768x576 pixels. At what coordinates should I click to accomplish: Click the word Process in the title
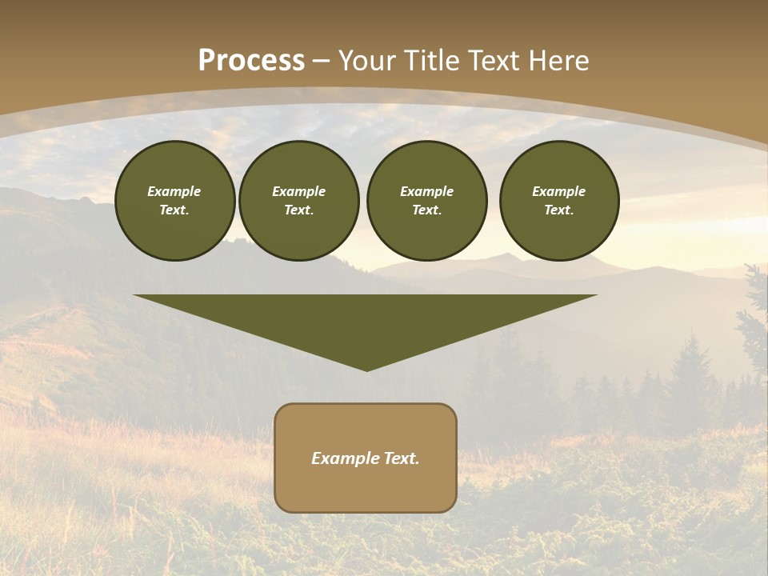251,61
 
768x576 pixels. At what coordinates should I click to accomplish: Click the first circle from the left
174,201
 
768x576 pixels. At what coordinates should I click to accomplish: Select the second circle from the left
298,201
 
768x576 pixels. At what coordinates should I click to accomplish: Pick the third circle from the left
426,201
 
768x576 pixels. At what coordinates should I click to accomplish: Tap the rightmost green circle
559,201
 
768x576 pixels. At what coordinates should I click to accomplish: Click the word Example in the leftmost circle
174,191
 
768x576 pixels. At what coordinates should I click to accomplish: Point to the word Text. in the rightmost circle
559,210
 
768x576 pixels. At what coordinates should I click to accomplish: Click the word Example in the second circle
298,191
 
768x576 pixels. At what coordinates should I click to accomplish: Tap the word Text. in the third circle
426,210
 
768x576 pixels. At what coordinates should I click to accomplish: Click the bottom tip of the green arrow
366,370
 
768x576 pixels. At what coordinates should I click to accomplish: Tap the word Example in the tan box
344,458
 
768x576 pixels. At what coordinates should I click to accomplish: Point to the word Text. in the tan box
400,458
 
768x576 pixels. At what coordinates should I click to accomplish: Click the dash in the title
322,61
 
